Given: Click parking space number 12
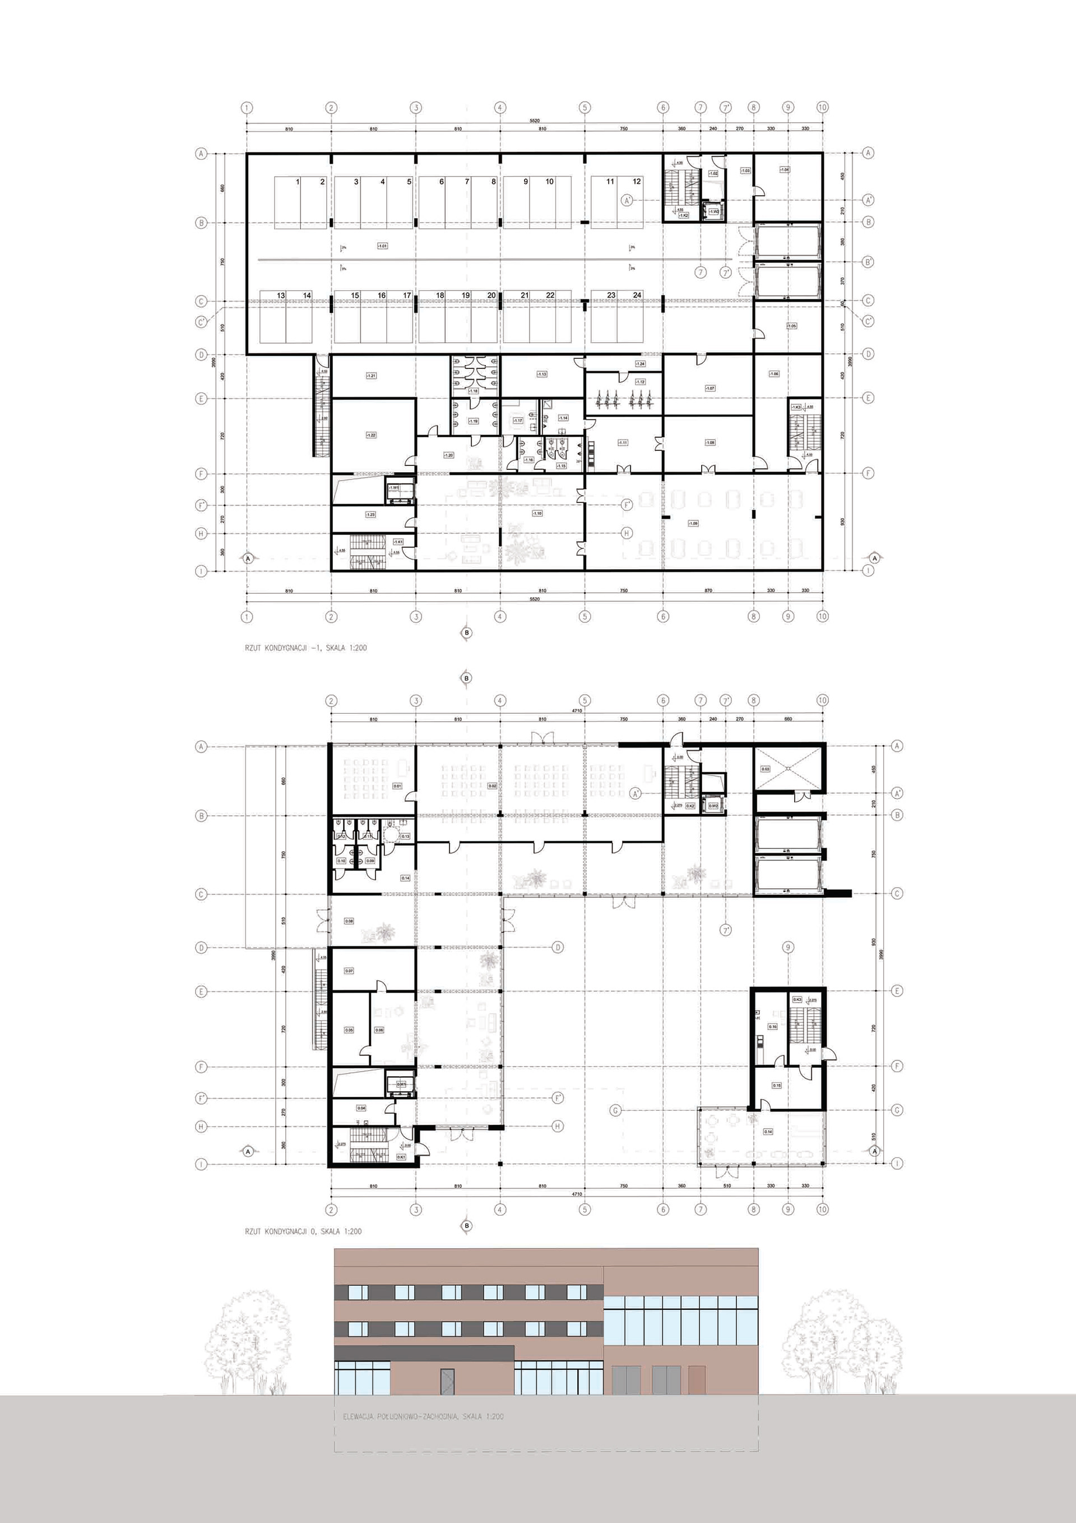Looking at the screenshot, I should pyautogui.click(x=637, y=181).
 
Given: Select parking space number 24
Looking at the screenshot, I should pyautogui.click(x=637, y=295).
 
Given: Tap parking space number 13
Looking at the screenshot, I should pyautogui.click(x=281, y=295).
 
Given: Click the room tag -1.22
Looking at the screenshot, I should pyautogui.click(x=370, y=435).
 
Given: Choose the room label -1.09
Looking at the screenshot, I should pyautogui.click(x=693, y=523).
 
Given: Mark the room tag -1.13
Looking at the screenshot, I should pyautogui.click(x=542, y=374).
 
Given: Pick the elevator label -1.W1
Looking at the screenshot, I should pyautogui.click(x=394, y=488).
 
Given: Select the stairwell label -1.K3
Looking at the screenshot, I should pyautogui.click(x=796, y=407).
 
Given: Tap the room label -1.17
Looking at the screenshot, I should pyautogui.click(x=518, y=421).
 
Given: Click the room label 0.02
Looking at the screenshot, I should pyautogui.click(x=492, y=786).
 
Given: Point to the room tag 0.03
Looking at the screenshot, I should pyautogui.click(x=766, y=769).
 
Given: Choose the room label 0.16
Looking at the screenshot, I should pyautogui.click(x=772, y=1026).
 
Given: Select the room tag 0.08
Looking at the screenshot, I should pyautogui.click(x=349, y=921).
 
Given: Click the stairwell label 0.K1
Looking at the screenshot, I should pyautogui.click(x=401, y=1157).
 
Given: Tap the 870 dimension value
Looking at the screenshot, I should pyautogui.click(x=708, y=590).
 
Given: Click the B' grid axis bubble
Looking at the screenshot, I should pyautogui.click(x=869, y=262).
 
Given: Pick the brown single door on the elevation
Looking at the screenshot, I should pyautogui.click(x=697, y=1379).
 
